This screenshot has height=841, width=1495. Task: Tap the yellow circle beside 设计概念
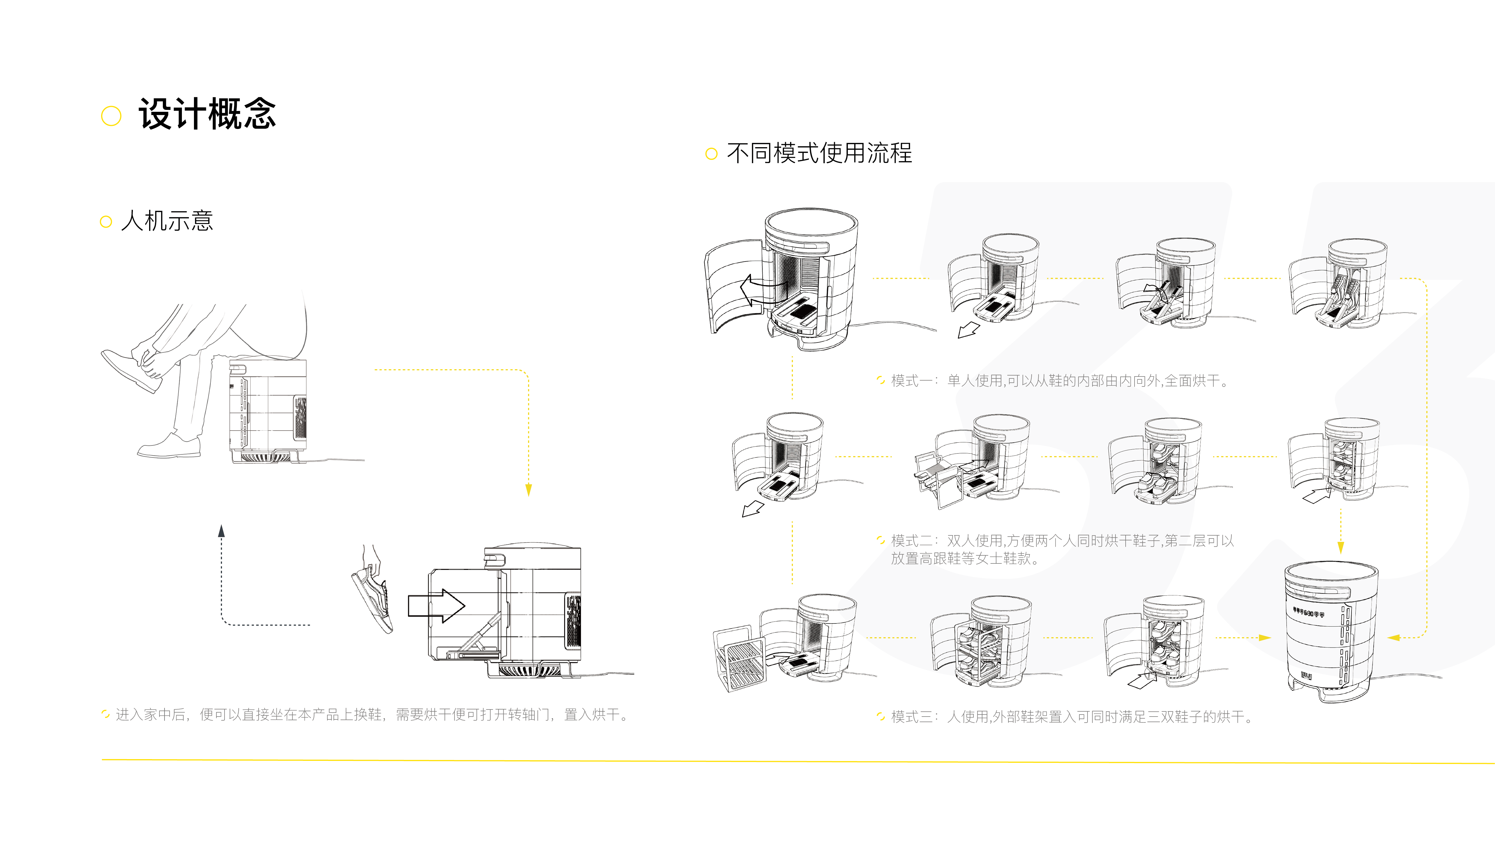(x=111, y=115)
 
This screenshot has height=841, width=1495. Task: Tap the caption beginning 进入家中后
(x=371, y=715)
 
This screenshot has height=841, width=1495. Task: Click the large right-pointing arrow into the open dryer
(x=436, y=606)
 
